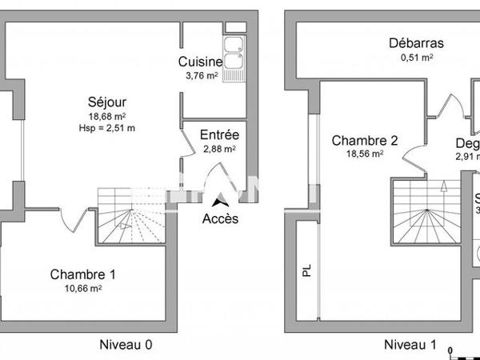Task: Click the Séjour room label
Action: [x=107, y=102]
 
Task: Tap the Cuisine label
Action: [x=200, y=62]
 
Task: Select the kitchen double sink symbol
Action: [x=234, y=53]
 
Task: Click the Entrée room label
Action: [x=218, y=134]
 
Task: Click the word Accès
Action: [x=219, y=218]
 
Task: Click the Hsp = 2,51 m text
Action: [x=107, y=128]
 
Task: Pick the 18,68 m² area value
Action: [x=107, y=116]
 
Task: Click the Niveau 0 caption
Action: [x=126, y=345]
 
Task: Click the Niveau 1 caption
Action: [x=410, y=345]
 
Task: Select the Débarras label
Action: [x=416, y=44]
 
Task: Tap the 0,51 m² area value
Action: [x=416, y=58]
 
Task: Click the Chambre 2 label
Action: [x=365, y=140]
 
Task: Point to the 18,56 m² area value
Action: [x=365, y=154]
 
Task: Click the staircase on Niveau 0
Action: [x=128, y=216]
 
